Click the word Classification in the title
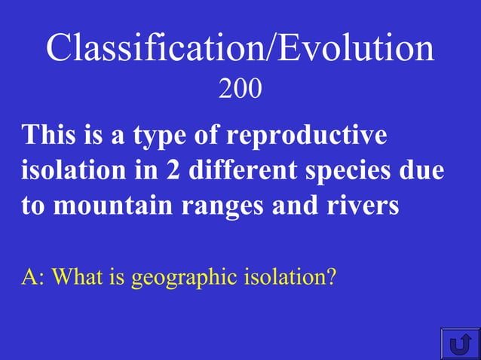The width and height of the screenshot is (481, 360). pyautogui.click(x=149, y=49)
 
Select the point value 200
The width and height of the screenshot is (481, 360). pyautogui.click(x=240, y=90)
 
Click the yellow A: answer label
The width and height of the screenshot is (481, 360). pyautogui.click(x=33, y=278)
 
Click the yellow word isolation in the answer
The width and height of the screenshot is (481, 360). pyautogui.click(x=285, y=278)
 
